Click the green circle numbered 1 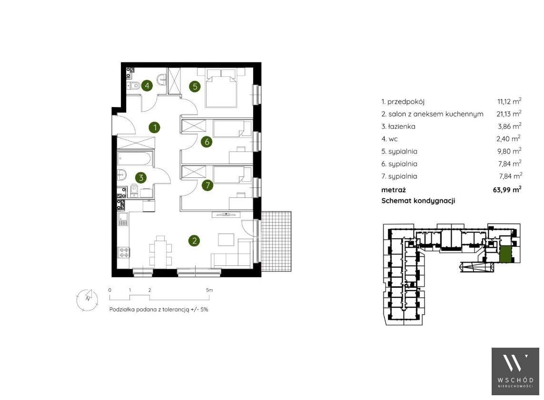click(155, 127)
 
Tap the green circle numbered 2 click(194, 241)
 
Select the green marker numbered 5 click(195, 86)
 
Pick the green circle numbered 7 click(208, 185)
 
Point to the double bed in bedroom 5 click(221, 88)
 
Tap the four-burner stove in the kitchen click(124, 253)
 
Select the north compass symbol click(87, 299)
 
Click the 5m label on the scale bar click(209, 290)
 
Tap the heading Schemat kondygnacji click(418, 201)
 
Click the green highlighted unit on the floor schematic click(505, 254)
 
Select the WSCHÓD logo click(515, 371)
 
